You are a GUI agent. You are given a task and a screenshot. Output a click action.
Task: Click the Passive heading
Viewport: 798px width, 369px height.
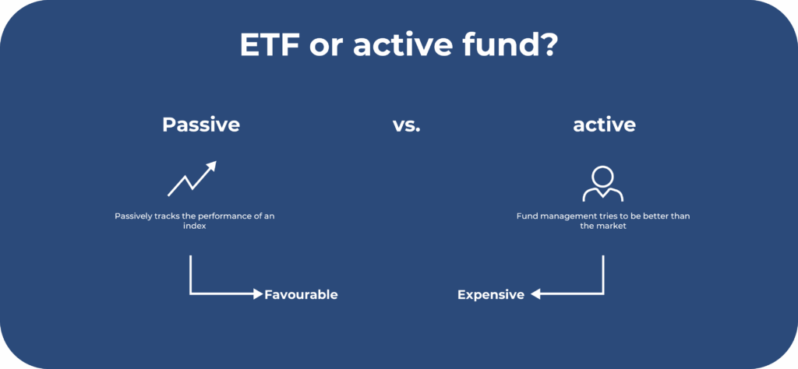pyautogui.click(x=201, y=125)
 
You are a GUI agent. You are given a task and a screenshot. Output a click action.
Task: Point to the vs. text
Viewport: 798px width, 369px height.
pyautogui.click(x=407, y=125)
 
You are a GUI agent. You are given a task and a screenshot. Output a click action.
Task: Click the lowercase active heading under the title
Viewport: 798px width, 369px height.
pyautogui.click(x=604, y=125)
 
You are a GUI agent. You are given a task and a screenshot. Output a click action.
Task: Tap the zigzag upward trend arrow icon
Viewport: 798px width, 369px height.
pyautogui.click(x=192, y=179)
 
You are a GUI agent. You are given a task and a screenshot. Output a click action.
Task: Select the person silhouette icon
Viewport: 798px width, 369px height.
pyautogui.click(x=603, y=184)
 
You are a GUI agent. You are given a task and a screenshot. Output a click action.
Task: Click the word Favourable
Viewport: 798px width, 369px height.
pyautogui.click(x=301, y=294)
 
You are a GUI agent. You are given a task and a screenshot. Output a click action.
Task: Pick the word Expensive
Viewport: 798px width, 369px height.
pyautogui.click(x=491, y=295)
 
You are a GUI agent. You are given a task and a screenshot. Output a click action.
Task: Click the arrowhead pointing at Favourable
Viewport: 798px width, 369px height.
pyautogui.click(x=258, y=293)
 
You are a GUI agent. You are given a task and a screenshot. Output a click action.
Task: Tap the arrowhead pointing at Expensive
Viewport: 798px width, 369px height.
pyautogui.click(x=535, y=293)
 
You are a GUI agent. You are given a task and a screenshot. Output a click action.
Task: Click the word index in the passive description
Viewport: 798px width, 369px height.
pyautogui.click(x=194, y=227)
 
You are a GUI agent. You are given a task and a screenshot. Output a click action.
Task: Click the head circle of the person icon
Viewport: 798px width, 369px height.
pyautogui.click(x=603, y=176)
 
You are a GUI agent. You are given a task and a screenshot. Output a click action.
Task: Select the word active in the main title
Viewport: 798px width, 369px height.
pyautogui.click(x=402, y=46)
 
